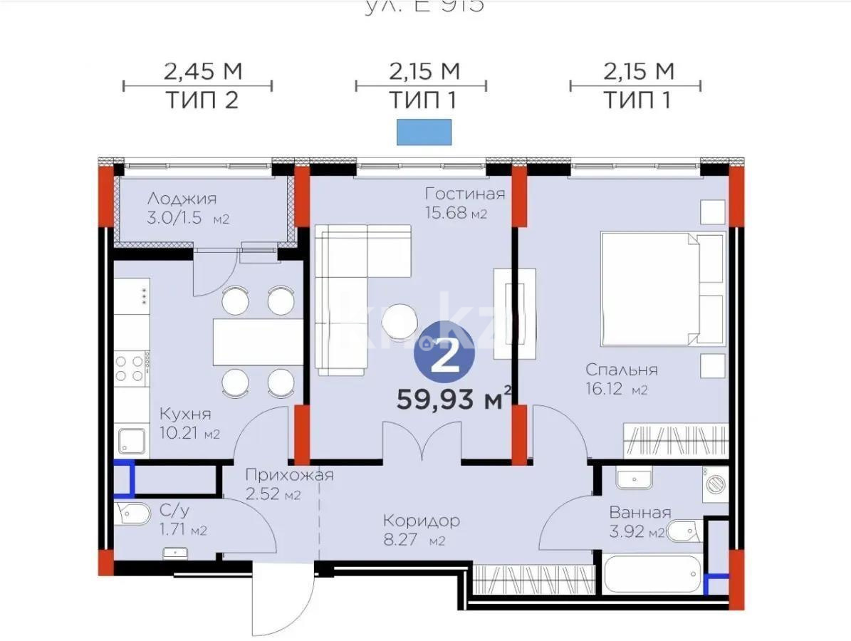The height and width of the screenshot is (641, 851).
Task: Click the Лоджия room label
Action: tap(181, 199)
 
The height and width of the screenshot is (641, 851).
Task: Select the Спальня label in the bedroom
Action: tap(621, 370)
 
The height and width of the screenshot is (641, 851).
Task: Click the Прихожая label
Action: tap(288, 476)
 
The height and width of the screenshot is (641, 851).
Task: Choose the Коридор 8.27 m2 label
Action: tap(420, 521)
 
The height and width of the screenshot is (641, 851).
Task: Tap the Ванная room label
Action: tap(639, 513)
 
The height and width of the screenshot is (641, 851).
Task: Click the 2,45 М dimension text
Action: tap(203, 71)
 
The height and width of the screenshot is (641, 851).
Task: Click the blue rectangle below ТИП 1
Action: tap(424, 132)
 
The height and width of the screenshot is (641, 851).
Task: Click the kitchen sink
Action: tap(131, 441)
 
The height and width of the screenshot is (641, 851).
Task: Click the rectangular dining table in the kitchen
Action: tap(258, 342)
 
